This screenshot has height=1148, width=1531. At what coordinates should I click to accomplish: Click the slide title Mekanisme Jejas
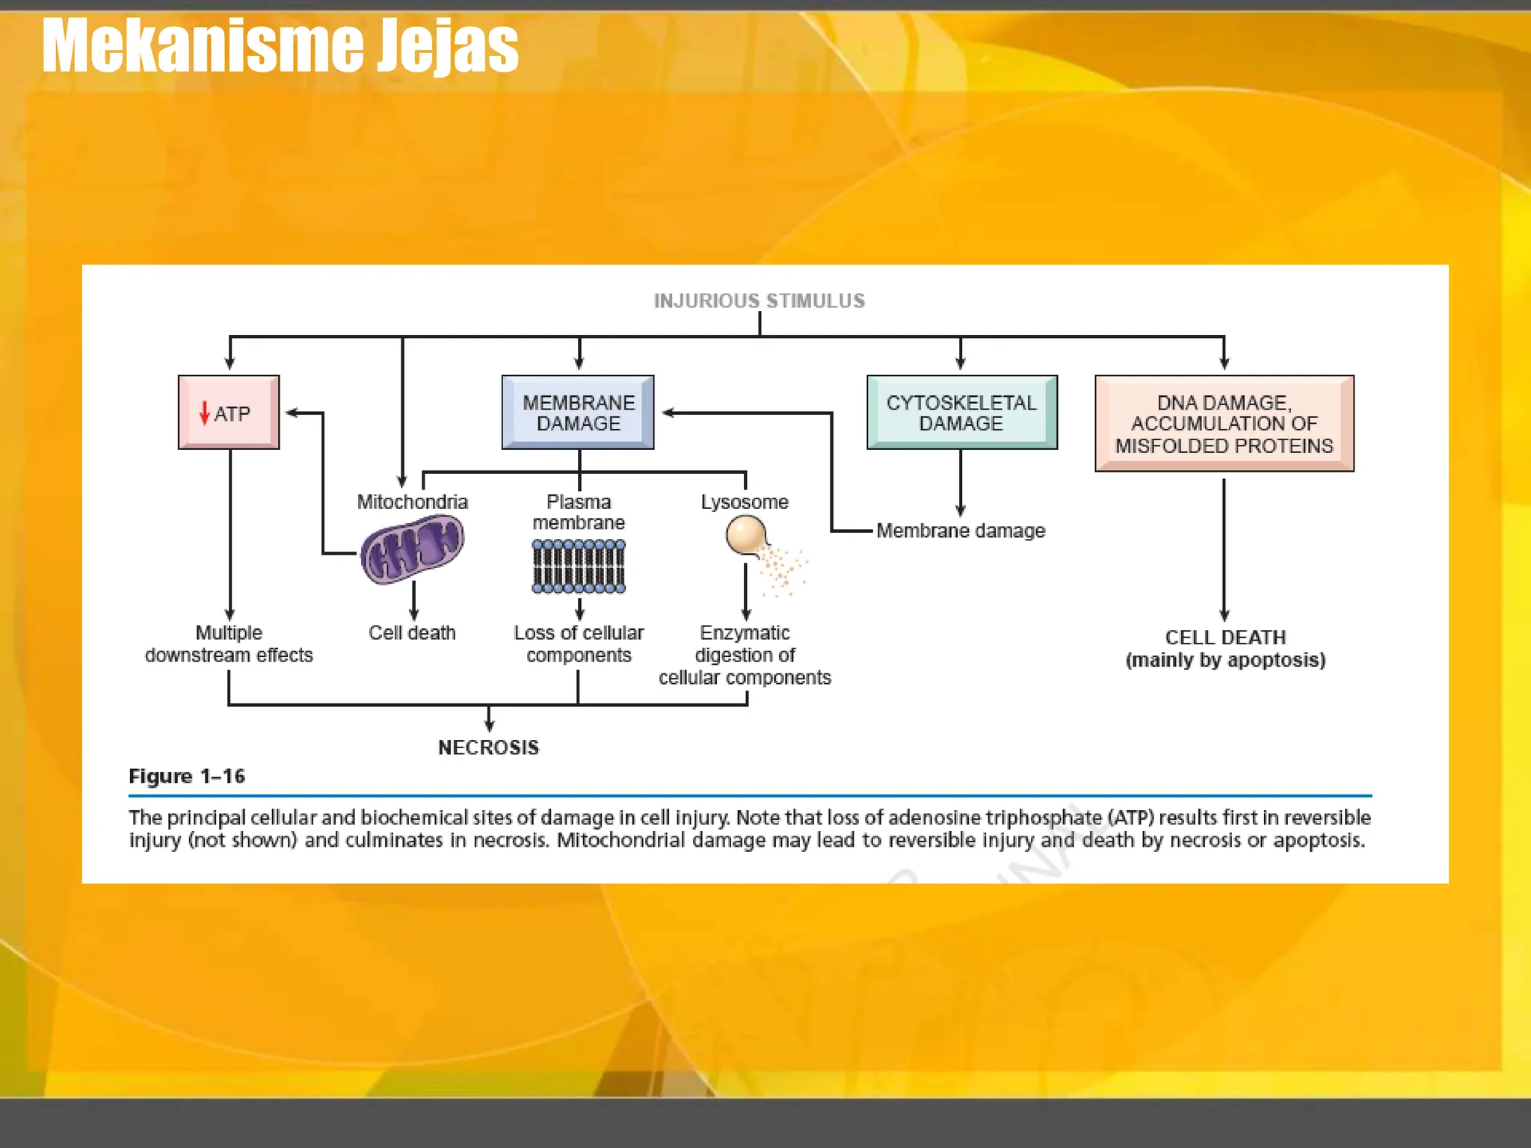pos(280,46)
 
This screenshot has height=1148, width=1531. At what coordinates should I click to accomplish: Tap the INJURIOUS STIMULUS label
pos(759,300)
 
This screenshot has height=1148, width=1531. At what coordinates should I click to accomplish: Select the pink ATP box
pos(229,413)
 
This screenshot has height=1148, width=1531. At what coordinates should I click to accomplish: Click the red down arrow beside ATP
pos(204,413)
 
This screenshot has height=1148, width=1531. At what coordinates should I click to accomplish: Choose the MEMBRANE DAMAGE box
pos(578,413)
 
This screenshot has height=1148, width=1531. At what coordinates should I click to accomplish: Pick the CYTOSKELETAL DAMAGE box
pos(961,413)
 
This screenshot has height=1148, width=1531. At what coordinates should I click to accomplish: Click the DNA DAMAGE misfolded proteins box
pos(1224,424)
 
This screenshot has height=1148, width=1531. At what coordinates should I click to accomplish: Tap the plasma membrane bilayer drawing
pos(579,567)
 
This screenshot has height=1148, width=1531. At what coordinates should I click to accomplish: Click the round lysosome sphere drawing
pos(745,535)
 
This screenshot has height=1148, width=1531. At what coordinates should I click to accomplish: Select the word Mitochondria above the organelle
pos(412,502)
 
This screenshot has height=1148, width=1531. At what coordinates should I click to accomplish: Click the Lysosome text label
pos(745,502)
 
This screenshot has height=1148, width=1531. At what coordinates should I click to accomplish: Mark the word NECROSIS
pos(488,747)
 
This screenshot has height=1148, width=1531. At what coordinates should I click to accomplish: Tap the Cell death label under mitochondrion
pos(412,632)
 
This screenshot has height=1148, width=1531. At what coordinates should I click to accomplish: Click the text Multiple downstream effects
pos(229,644)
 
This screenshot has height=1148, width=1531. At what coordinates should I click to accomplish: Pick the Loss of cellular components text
pos(579,644)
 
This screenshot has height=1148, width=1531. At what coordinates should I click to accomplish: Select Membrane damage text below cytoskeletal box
pos(961,531)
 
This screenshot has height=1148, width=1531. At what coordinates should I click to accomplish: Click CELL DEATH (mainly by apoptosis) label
pos(1225,648)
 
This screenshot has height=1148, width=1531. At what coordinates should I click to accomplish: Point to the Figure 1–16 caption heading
pos(187,777)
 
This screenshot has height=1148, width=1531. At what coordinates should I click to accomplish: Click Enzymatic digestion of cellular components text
pos(745,655)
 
